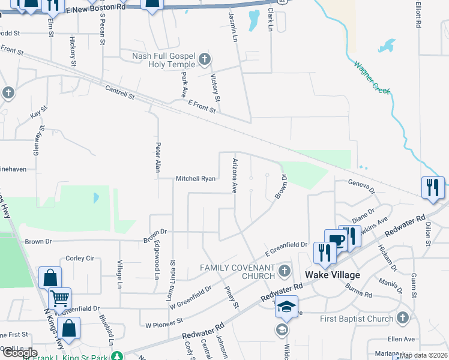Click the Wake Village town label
pyautogui.click(x=333, y=275)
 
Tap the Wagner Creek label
pyautogui.click(x=372, y=77)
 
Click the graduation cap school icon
pyautogui.click(x=287, y=306)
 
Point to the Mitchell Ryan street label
pyautogui.click(x=195, y=179)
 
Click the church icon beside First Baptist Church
pyautogui.click(x=402, y=318)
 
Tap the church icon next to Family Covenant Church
pyautogui.click(x=285, y=271)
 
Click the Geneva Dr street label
pyautogui.click(x=361, y=186)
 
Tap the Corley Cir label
pyautogui.click(x=80, y=258)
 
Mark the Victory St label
pyautogui.click(x=216, y=88)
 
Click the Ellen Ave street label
pyautogui.click(x=401, y=339)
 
